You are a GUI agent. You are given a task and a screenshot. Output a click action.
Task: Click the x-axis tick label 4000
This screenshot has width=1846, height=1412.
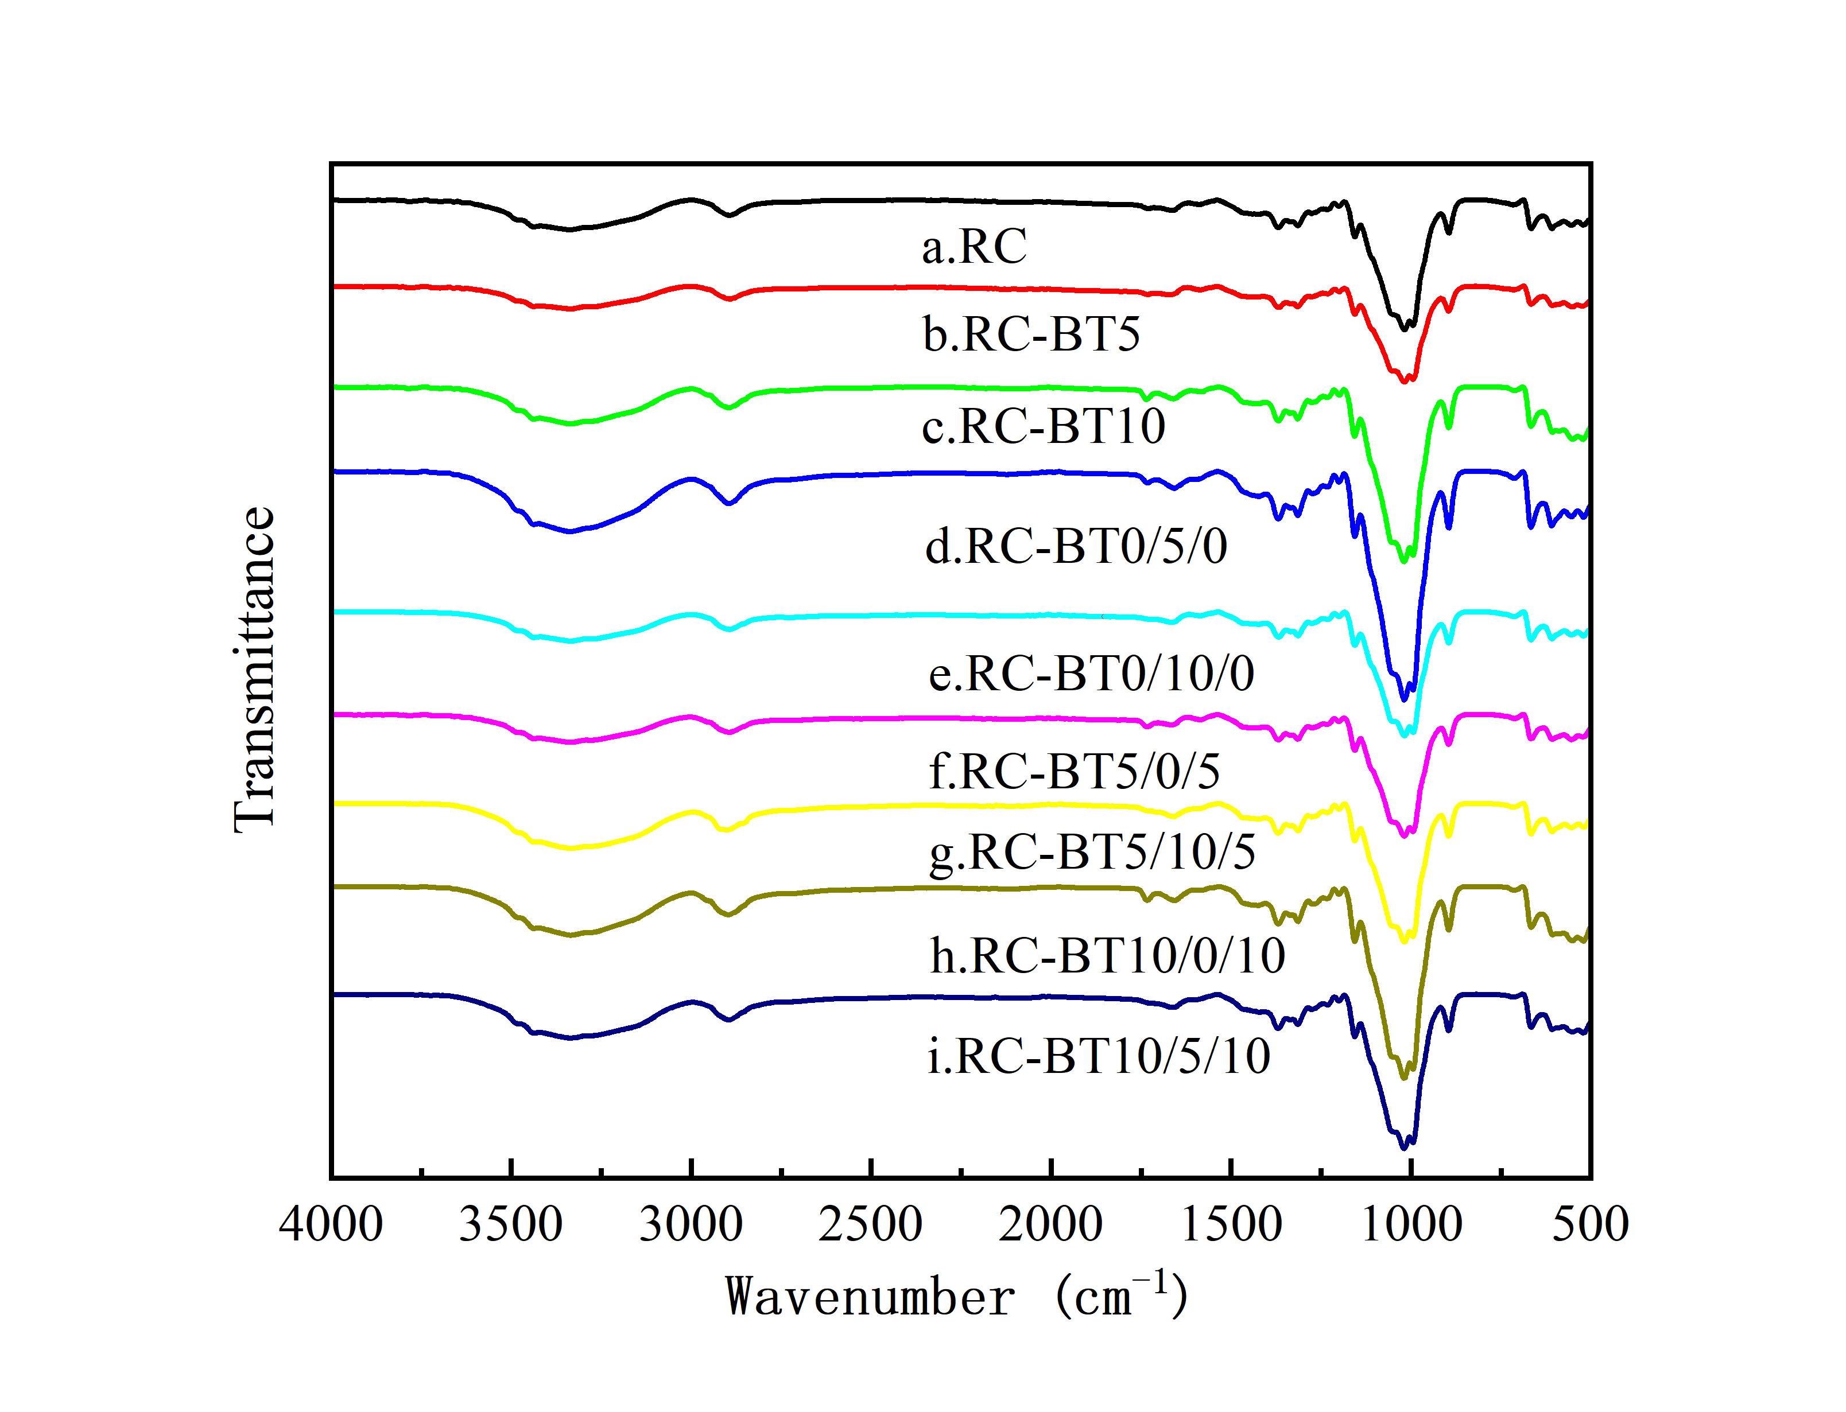[x=331, y=1224]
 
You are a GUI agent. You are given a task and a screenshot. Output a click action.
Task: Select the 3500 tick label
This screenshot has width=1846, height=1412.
[x=510, y=1224]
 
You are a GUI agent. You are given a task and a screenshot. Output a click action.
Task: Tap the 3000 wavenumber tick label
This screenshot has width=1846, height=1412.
[x=691, y=1224]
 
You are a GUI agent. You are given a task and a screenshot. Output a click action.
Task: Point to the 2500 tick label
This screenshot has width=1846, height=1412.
[x=870, y=1224]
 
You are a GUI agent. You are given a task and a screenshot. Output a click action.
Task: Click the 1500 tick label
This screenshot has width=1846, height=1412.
[x=1231, y=1224]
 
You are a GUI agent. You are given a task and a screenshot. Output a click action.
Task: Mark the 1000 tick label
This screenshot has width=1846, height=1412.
[x=1411, y=1224]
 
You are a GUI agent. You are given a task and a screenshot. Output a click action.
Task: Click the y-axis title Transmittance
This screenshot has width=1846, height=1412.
[x=254, y=670]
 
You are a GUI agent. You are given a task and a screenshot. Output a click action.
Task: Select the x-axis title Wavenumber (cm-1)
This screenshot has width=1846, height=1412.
[x=957, y=1296]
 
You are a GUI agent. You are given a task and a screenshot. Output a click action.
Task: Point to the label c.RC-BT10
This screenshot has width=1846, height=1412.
[x=1043, y=426]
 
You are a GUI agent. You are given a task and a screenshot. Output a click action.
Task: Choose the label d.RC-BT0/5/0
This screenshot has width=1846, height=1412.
[x=1076, y=546]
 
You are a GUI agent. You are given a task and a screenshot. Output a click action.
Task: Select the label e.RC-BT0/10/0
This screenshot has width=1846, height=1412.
[x=1091, y=673]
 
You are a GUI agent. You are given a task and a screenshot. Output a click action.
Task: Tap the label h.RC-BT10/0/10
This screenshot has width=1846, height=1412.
[x=1107, y=956]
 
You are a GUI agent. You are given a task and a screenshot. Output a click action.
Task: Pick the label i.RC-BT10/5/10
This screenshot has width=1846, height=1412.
[x=1099, y=1056]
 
